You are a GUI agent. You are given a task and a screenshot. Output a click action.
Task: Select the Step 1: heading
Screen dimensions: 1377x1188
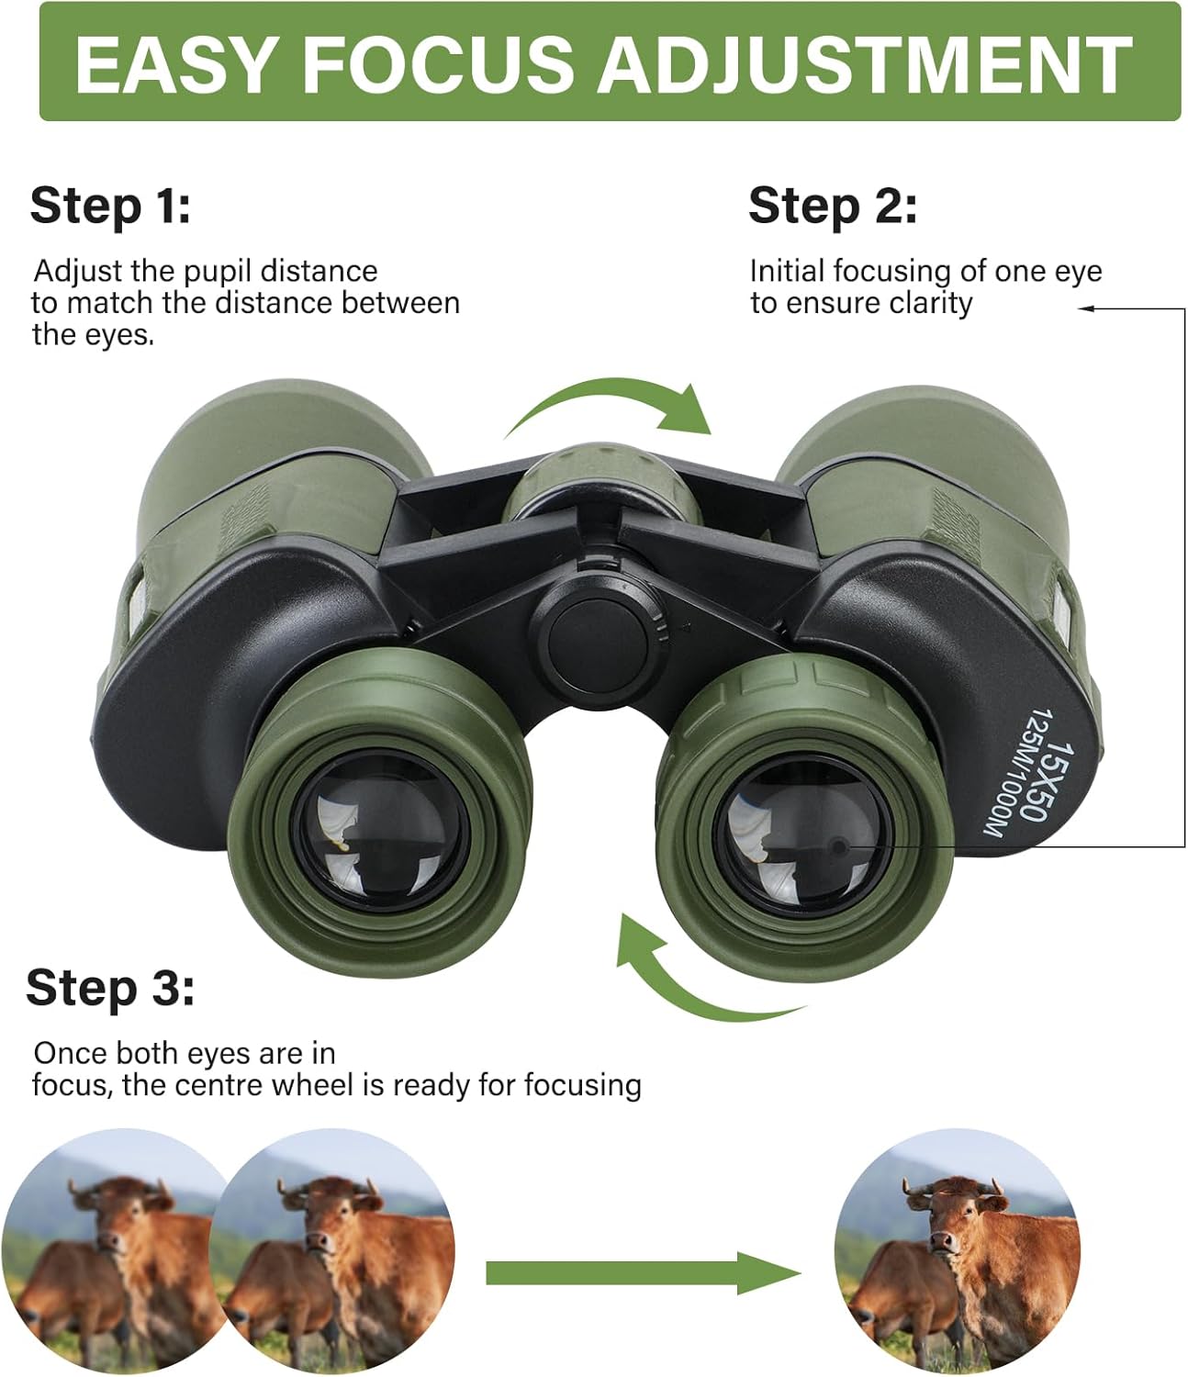tap(110, 205)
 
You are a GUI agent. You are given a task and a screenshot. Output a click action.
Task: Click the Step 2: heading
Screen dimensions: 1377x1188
tap(832, 205)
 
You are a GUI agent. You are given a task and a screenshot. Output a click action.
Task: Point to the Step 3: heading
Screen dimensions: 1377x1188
tap(110, 988)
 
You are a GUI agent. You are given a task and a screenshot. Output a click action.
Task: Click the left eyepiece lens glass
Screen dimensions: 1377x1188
tap(380, 831)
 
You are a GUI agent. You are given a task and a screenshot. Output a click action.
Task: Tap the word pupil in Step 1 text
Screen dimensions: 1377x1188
tap(218, 272)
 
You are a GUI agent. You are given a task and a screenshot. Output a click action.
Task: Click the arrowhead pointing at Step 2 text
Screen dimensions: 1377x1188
tap(1086, 309)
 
